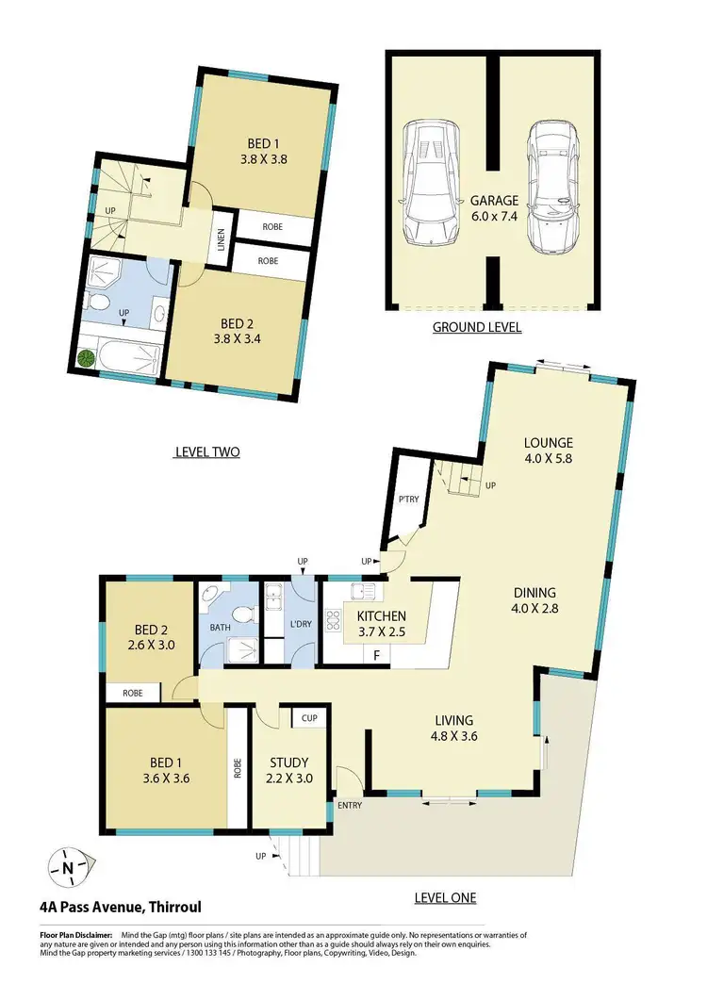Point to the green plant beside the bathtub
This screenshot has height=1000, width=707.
point(87,357)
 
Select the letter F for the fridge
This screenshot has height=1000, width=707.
point(376,654)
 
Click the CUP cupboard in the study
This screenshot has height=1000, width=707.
point(308,719)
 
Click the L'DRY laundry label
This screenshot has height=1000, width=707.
point(301,624)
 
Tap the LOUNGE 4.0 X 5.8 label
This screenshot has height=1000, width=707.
point(549,451)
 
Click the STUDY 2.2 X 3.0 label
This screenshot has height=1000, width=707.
point(290,770)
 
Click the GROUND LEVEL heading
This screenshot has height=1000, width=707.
point(476,328)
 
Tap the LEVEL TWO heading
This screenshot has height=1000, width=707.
point(207,452)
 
